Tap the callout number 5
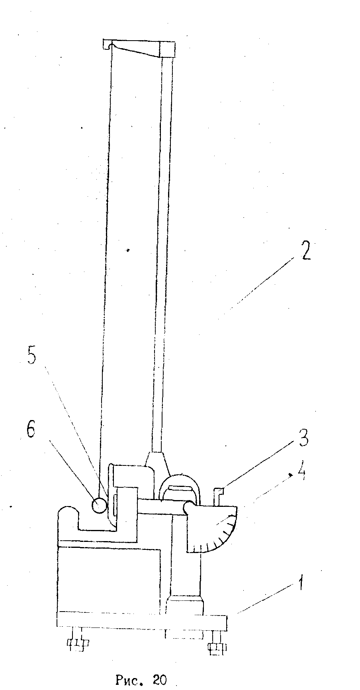click(31, 356)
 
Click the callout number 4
click(301, 475)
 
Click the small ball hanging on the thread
click(99, 505)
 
